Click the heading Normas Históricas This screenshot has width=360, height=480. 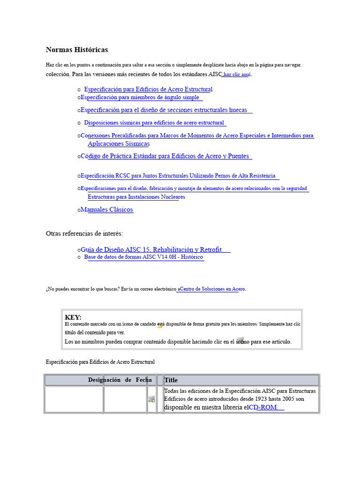(77, 50)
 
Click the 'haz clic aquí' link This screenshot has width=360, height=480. (237, 75)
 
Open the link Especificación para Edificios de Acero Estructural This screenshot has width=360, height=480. (148, 89)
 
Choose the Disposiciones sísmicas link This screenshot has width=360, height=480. (154, 123)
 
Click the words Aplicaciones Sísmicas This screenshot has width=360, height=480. (119, 144)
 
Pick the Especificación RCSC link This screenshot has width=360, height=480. (178, 176)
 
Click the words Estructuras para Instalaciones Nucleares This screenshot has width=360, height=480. (136, 197)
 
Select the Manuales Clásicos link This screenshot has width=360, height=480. (107, 210)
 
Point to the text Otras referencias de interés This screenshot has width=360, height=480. (84, 233)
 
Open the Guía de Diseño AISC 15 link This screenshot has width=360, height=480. (151, 249)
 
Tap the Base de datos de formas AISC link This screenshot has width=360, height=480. (143, 257)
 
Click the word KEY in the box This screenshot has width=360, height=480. (73, 317)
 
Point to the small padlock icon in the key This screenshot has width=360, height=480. (160, 324)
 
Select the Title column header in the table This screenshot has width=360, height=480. (171, 380)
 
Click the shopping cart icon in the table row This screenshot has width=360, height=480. (151, 399)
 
